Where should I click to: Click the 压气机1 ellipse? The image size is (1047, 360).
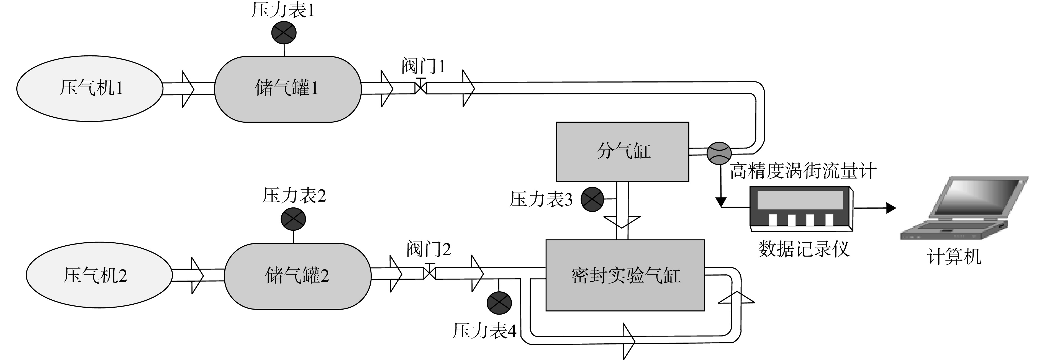click(89, 89)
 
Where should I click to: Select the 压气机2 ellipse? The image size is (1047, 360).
click(99, 275)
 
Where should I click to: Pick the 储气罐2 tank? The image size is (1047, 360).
click(297, 276)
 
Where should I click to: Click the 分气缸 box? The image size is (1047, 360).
click(623, 151)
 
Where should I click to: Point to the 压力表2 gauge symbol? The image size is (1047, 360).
click(293, 219)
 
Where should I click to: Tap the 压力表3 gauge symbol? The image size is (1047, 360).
click(592, 199)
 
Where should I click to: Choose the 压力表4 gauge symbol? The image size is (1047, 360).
click(499, 302)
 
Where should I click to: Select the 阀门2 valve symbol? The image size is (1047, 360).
click(430, 271)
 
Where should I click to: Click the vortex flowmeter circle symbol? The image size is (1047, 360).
click(719, 153)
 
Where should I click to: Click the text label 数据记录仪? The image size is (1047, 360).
click(804, 249)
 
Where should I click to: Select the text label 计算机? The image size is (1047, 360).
click(954, 257)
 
